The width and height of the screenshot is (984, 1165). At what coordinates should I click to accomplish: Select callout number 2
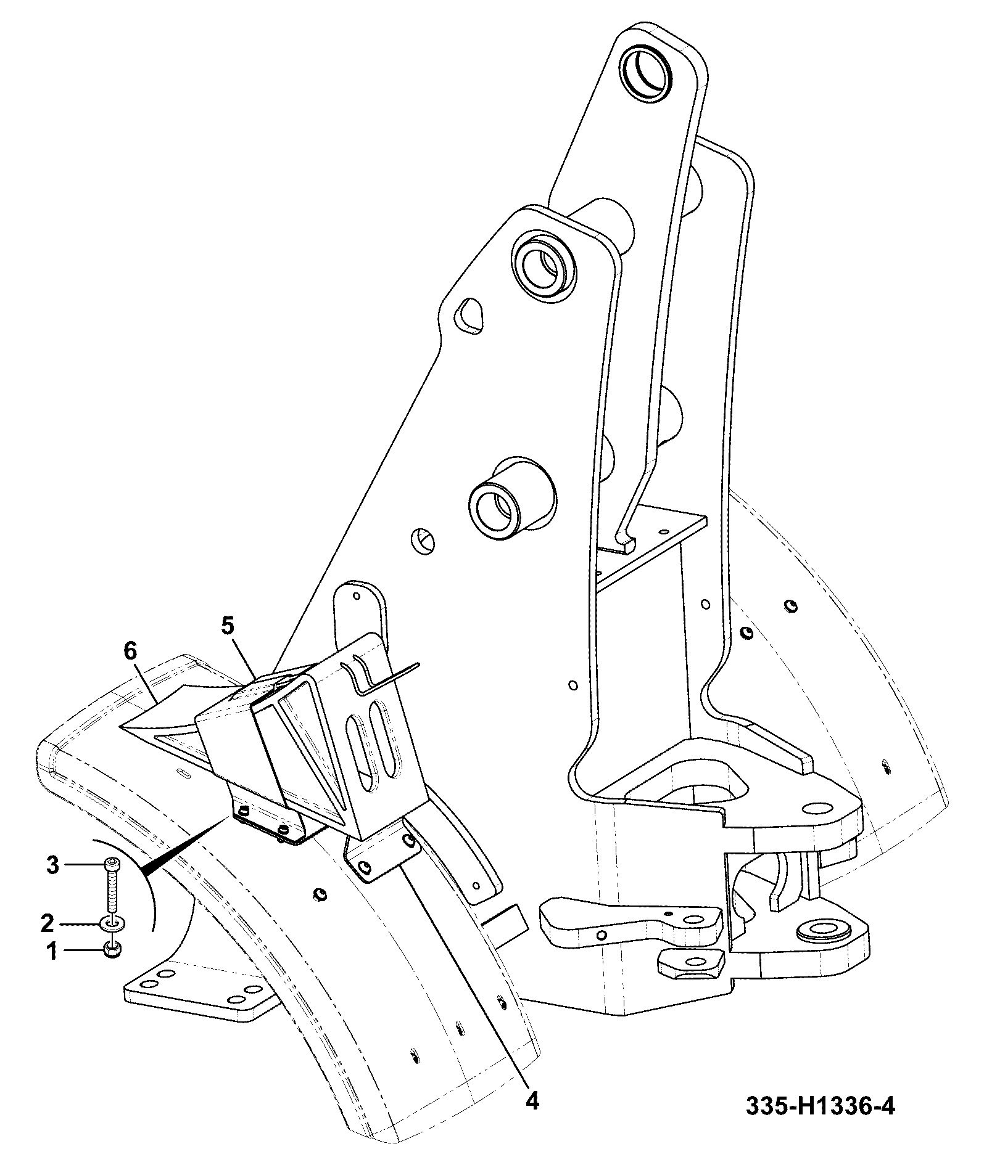[x=48, y=923]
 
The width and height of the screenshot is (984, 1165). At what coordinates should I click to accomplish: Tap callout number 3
[x=53, y=865]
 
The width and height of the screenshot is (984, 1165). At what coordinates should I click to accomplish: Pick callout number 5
[x=228, y=627]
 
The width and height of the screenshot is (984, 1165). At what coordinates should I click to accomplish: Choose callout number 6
[x=131, y=651]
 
